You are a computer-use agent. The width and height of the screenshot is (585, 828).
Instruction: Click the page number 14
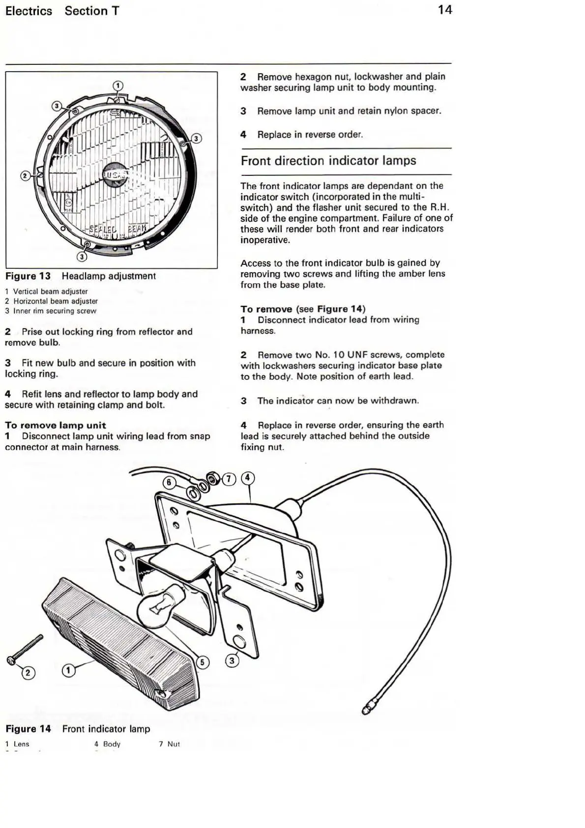[x=444, y=10]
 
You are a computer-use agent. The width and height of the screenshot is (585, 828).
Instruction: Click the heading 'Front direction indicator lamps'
[x=328, y=161]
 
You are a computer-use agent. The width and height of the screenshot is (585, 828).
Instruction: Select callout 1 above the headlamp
[x=118, y=86]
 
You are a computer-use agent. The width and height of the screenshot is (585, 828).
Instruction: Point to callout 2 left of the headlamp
[x=25, y=176]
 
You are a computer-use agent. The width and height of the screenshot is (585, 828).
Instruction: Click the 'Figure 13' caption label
[x=28, y=276]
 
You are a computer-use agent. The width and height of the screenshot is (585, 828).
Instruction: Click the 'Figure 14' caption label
[x=28, y=729]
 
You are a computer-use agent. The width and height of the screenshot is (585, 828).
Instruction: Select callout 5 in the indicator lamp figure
[x=202, y=662]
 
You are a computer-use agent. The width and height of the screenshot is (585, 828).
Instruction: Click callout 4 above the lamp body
[x=248, y=478]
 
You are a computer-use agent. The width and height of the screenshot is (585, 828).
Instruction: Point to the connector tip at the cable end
[x=367, y=710]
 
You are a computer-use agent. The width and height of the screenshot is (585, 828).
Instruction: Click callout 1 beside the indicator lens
[x=69, y=670]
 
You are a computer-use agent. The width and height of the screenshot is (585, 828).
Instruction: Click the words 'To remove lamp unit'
[x=56, y=425]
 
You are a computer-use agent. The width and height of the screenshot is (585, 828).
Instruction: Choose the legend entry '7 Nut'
[x=169, y=744]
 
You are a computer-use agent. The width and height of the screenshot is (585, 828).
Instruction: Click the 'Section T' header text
[x=92, y=11]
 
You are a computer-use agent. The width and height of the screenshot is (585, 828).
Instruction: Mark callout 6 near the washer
[x=169, y=483]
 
